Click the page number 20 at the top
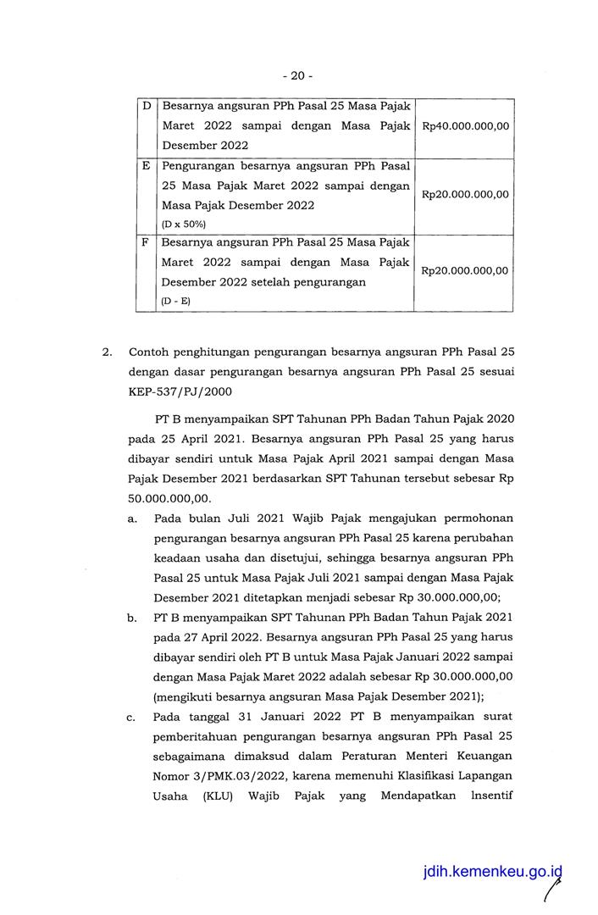point(297,75)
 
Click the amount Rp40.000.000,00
point(465,126)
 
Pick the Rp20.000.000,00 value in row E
point(465,194)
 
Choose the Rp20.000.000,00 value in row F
point(465,271)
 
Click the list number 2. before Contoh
point(108,351)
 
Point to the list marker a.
point(132,518)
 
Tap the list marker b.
point(132,618)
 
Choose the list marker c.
point(132,718)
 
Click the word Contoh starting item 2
point(150,351)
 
